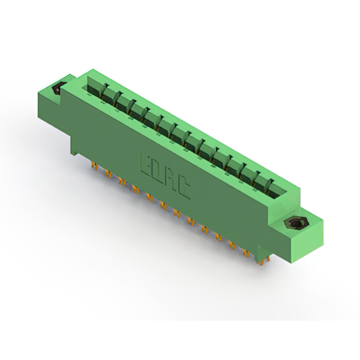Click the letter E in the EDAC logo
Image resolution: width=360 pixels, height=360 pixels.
(146, 164)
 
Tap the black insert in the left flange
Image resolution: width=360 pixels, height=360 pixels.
(57, 88)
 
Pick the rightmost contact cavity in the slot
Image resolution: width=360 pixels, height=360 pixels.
(276, 190)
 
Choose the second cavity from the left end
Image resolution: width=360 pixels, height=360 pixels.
(109, 95)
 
